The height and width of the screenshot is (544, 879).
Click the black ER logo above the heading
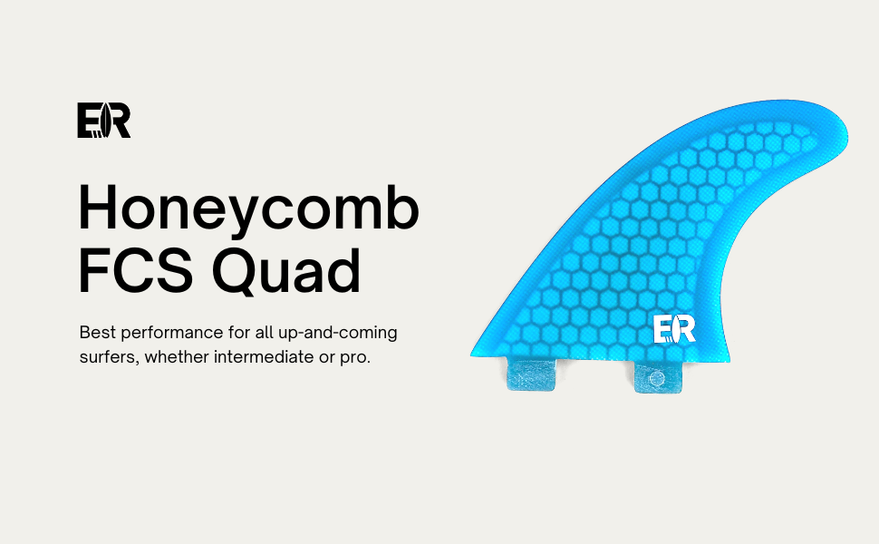click(x=103, y=120)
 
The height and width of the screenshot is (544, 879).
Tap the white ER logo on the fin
click(x=674, y=329)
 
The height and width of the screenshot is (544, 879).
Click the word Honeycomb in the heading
click(x=249, y=208)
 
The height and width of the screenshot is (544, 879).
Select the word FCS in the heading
click(x=136, y=270)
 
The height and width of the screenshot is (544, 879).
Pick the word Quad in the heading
click(x=286, y=270)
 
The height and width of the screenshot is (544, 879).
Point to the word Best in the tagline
click(x=98, y=333)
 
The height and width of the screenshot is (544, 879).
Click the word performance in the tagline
click(x=172, y=334)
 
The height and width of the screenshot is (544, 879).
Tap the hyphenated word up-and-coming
click(x=337, y=334)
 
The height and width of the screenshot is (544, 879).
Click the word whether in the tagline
click(x=176, y=357)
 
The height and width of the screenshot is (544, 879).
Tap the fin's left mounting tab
click(x=531, y=374)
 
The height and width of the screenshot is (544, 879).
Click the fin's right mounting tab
click(x=658, y=377)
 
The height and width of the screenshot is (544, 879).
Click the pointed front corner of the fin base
click(x=472, y=355)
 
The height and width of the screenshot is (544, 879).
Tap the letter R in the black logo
click(x=118, y=120)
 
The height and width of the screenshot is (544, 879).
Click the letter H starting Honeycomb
click(x=99, y=208)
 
